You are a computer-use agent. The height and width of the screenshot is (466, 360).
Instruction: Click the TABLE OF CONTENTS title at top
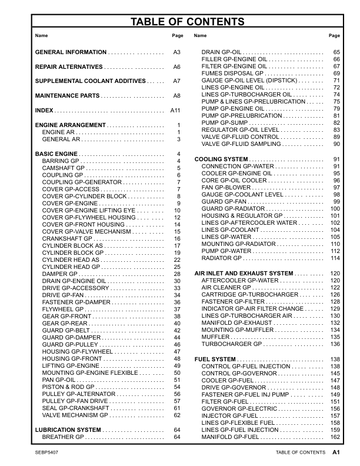tap(179, 22)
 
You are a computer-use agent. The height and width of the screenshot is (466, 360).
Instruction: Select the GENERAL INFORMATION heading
tap(71, 52)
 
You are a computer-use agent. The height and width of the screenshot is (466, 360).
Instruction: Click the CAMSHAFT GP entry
tap(64, 168)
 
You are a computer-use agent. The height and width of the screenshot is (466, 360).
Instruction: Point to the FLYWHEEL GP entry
tap(62, 309)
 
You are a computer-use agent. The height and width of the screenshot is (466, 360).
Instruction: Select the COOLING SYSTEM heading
tap(221, 159)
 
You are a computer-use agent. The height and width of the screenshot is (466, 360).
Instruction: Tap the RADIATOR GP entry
tap(221, 258)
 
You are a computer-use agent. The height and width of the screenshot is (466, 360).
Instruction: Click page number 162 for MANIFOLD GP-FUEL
tap(335, 437)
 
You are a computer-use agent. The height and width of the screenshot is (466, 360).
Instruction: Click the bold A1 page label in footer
tap(336, 452)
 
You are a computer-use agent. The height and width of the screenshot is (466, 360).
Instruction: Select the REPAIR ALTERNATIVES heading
tap(69, 67)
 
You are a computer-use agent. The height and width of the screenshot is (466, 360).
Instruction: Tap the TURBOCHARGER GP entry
tap(230, 344)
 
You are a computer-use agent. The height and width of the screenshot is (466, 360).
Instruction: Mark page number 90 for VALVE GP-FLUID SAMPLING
tap(337, 144)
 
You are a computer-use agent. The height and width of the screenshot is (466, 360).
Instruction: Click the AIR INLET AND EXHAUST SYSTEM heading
tap(243, 274)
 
